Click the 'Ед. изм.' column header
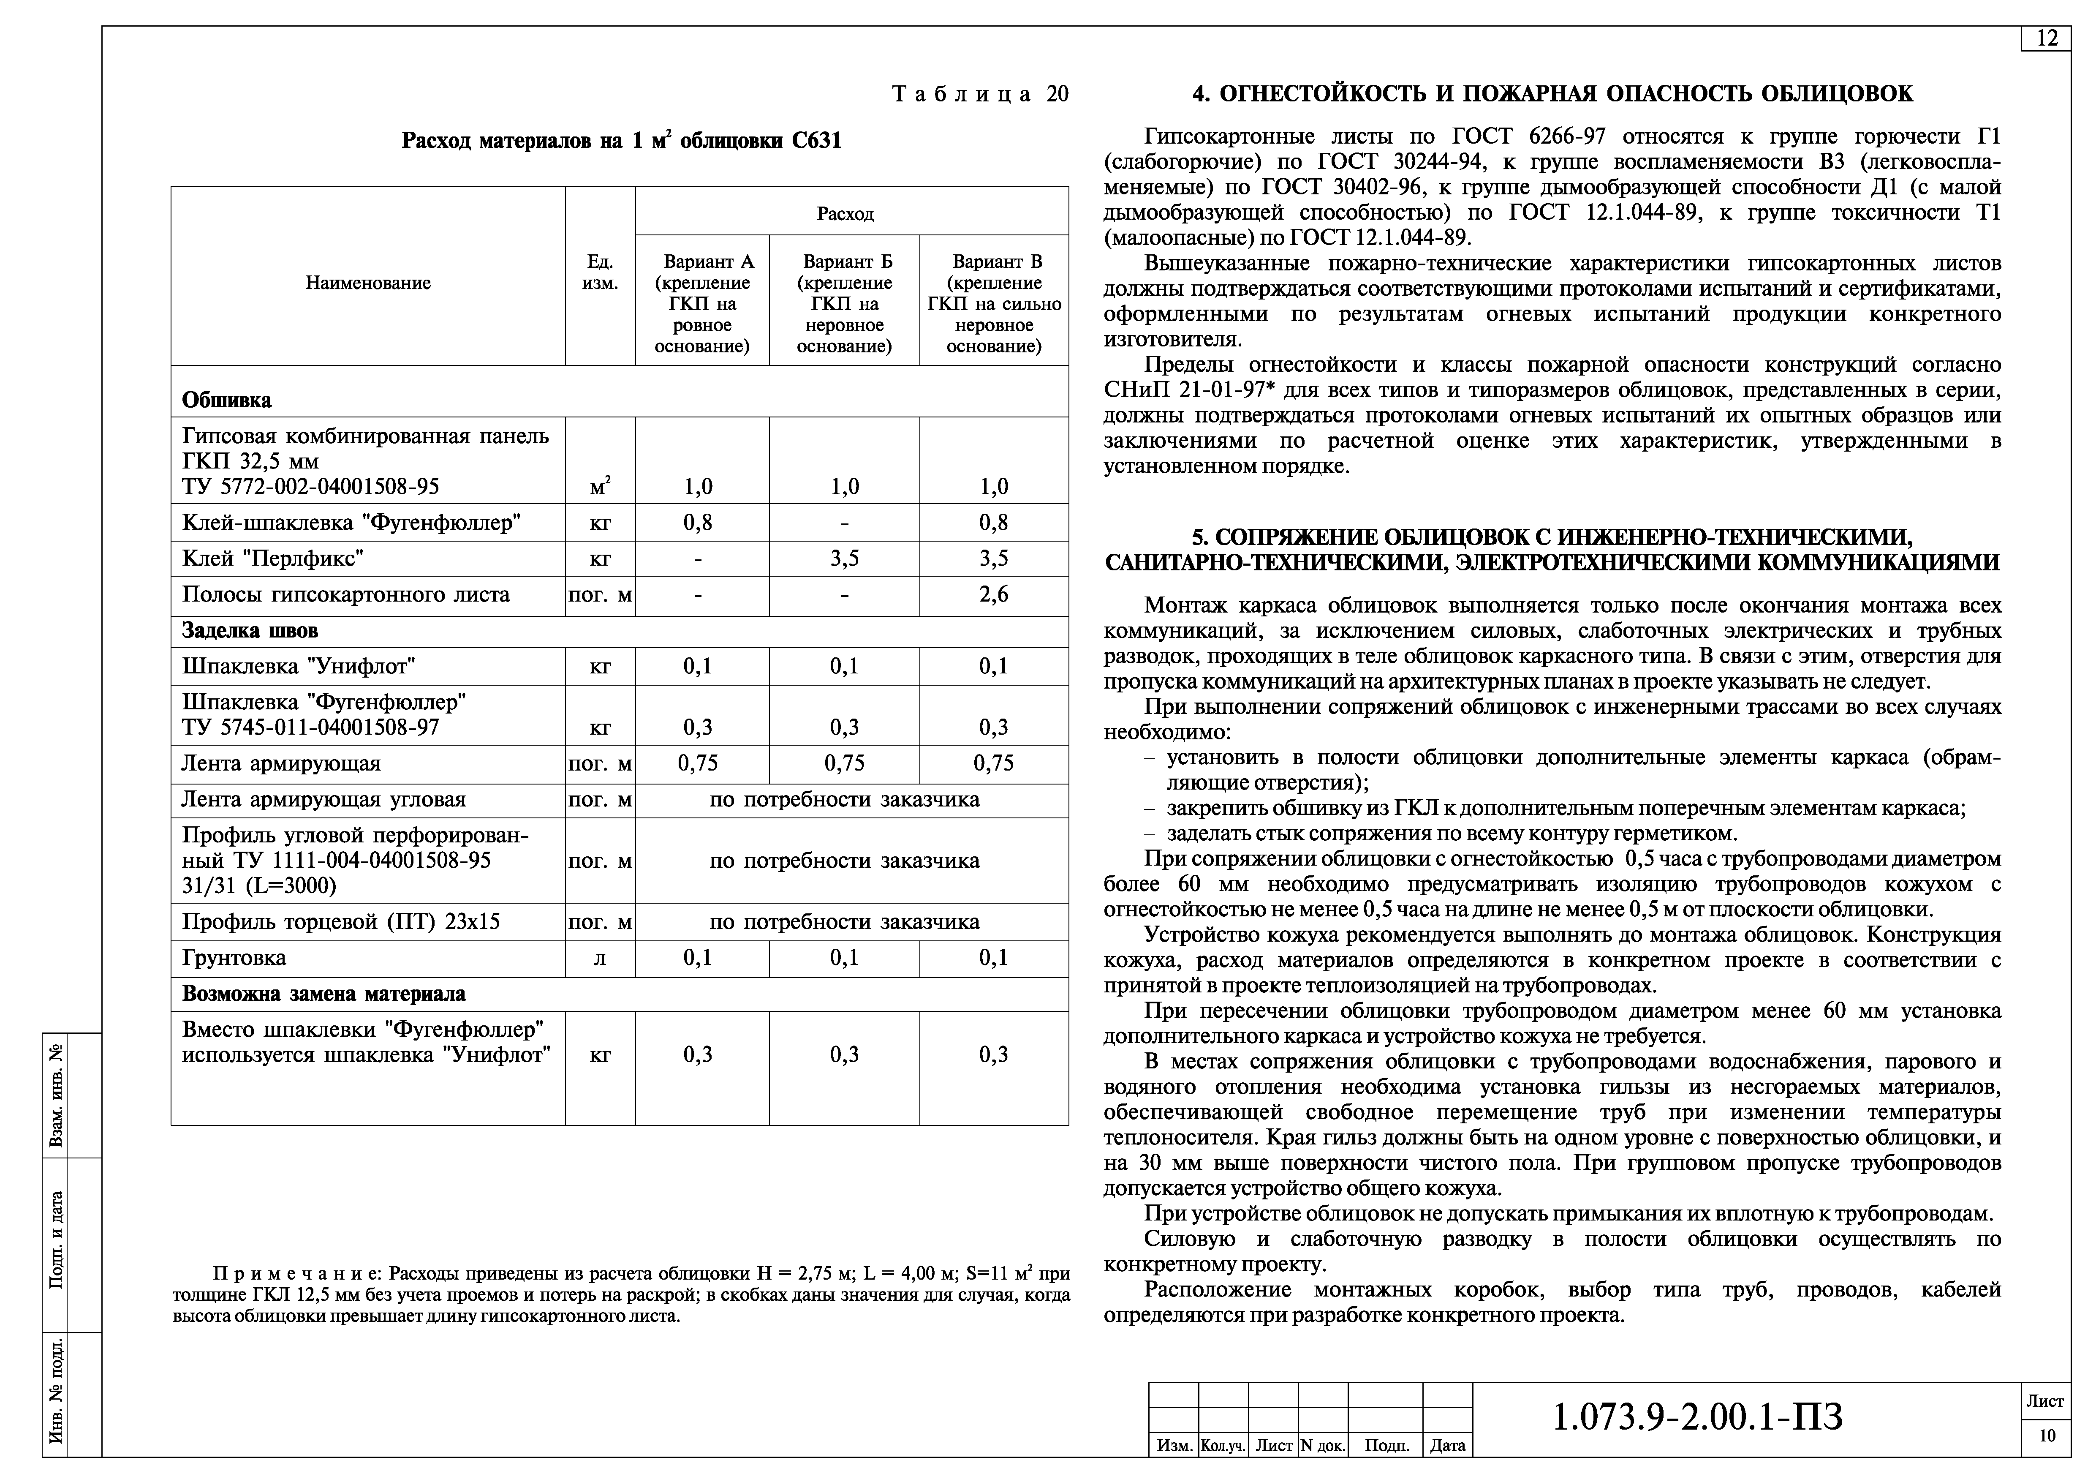pyautogui.click(x=600, y=272)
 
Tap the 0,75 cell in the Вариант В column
pyautogui.click(x=993, y=763)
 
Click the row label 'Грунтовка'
pyautogui.click(x=235, y=958)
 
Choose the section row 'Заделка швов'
pyautogui.click(x=250, y=631)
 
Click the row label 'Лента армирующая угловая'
pyautogui.click(x=324, y=800)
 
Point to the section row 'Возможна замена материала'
pyautogui.click(x=324, y=994)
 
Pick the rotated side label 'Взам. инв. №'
pyautogui.click(x=57, y=1096)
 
